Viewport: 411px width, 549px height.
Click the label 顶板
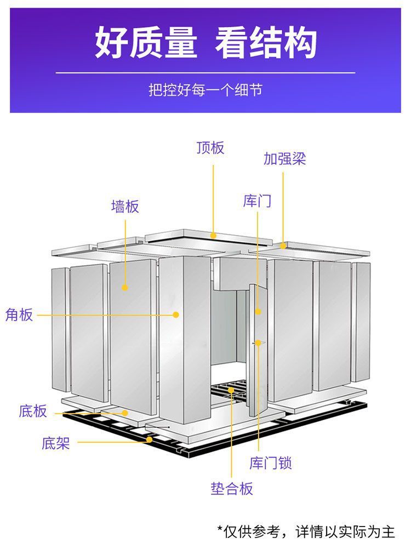210,148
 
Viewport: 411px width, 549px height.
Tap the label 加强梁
284,159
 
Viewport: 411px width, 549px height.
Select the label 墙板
125,207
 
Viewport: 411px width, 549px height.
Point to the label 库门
257,201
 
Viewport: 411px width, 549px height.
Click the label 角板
19,315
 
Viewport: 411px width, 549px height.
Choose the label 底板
33,411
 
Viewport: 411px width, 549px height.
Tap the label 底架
55,443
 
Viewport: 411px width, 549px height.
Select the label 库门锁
271,463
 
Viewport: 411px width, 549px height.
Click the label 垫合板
232,488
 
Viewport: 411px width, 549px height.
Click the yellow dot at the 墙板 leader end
125,287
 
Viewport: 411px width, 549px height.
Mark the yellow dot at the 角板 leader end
176,314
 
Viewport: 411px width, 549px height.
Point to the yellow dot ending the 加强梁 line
283,245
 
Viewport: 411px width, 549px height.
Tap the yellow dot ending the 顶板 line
213,235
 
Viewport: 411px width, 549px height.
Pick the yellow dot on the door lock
258,343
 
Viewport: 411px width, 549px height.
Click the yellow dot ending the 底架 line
149,439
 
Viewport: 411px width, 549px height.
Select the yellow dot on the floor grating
231,390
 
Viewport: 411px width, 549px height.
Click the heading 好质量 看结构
206,43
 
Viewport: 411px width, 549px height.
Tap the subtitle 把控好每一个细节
206,89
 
